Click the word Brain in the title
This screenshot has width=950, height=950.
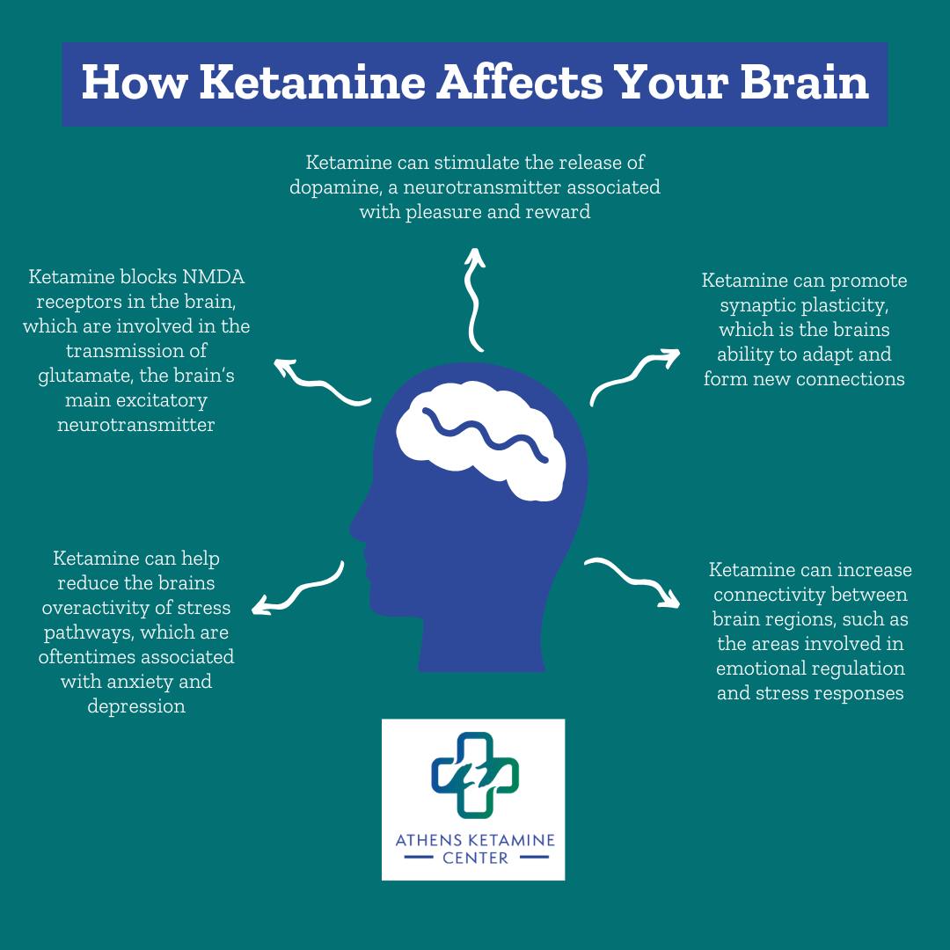pos(805,83)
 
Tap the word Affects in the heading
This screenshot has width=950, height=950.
pos(520,83)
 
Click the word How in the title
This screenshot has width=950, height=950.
pos(135,83)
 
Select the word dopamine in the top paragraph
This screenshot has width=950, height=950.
pos(335,188)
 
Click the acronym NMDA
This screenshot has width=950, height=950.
pos(213,277)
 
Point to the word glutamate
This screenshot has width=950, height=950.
pos(85,376)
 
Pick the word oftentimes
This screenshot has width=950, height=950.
pos(86,657)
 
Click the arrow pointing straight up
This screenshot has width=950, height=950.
pos(473,300)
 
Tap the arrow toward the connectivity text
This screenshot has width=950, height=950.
pos(633,581)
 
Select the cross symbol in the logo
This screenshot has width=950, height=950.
pos(475,775)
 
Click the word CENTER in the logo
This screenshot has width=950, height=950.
pos(475,858)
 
